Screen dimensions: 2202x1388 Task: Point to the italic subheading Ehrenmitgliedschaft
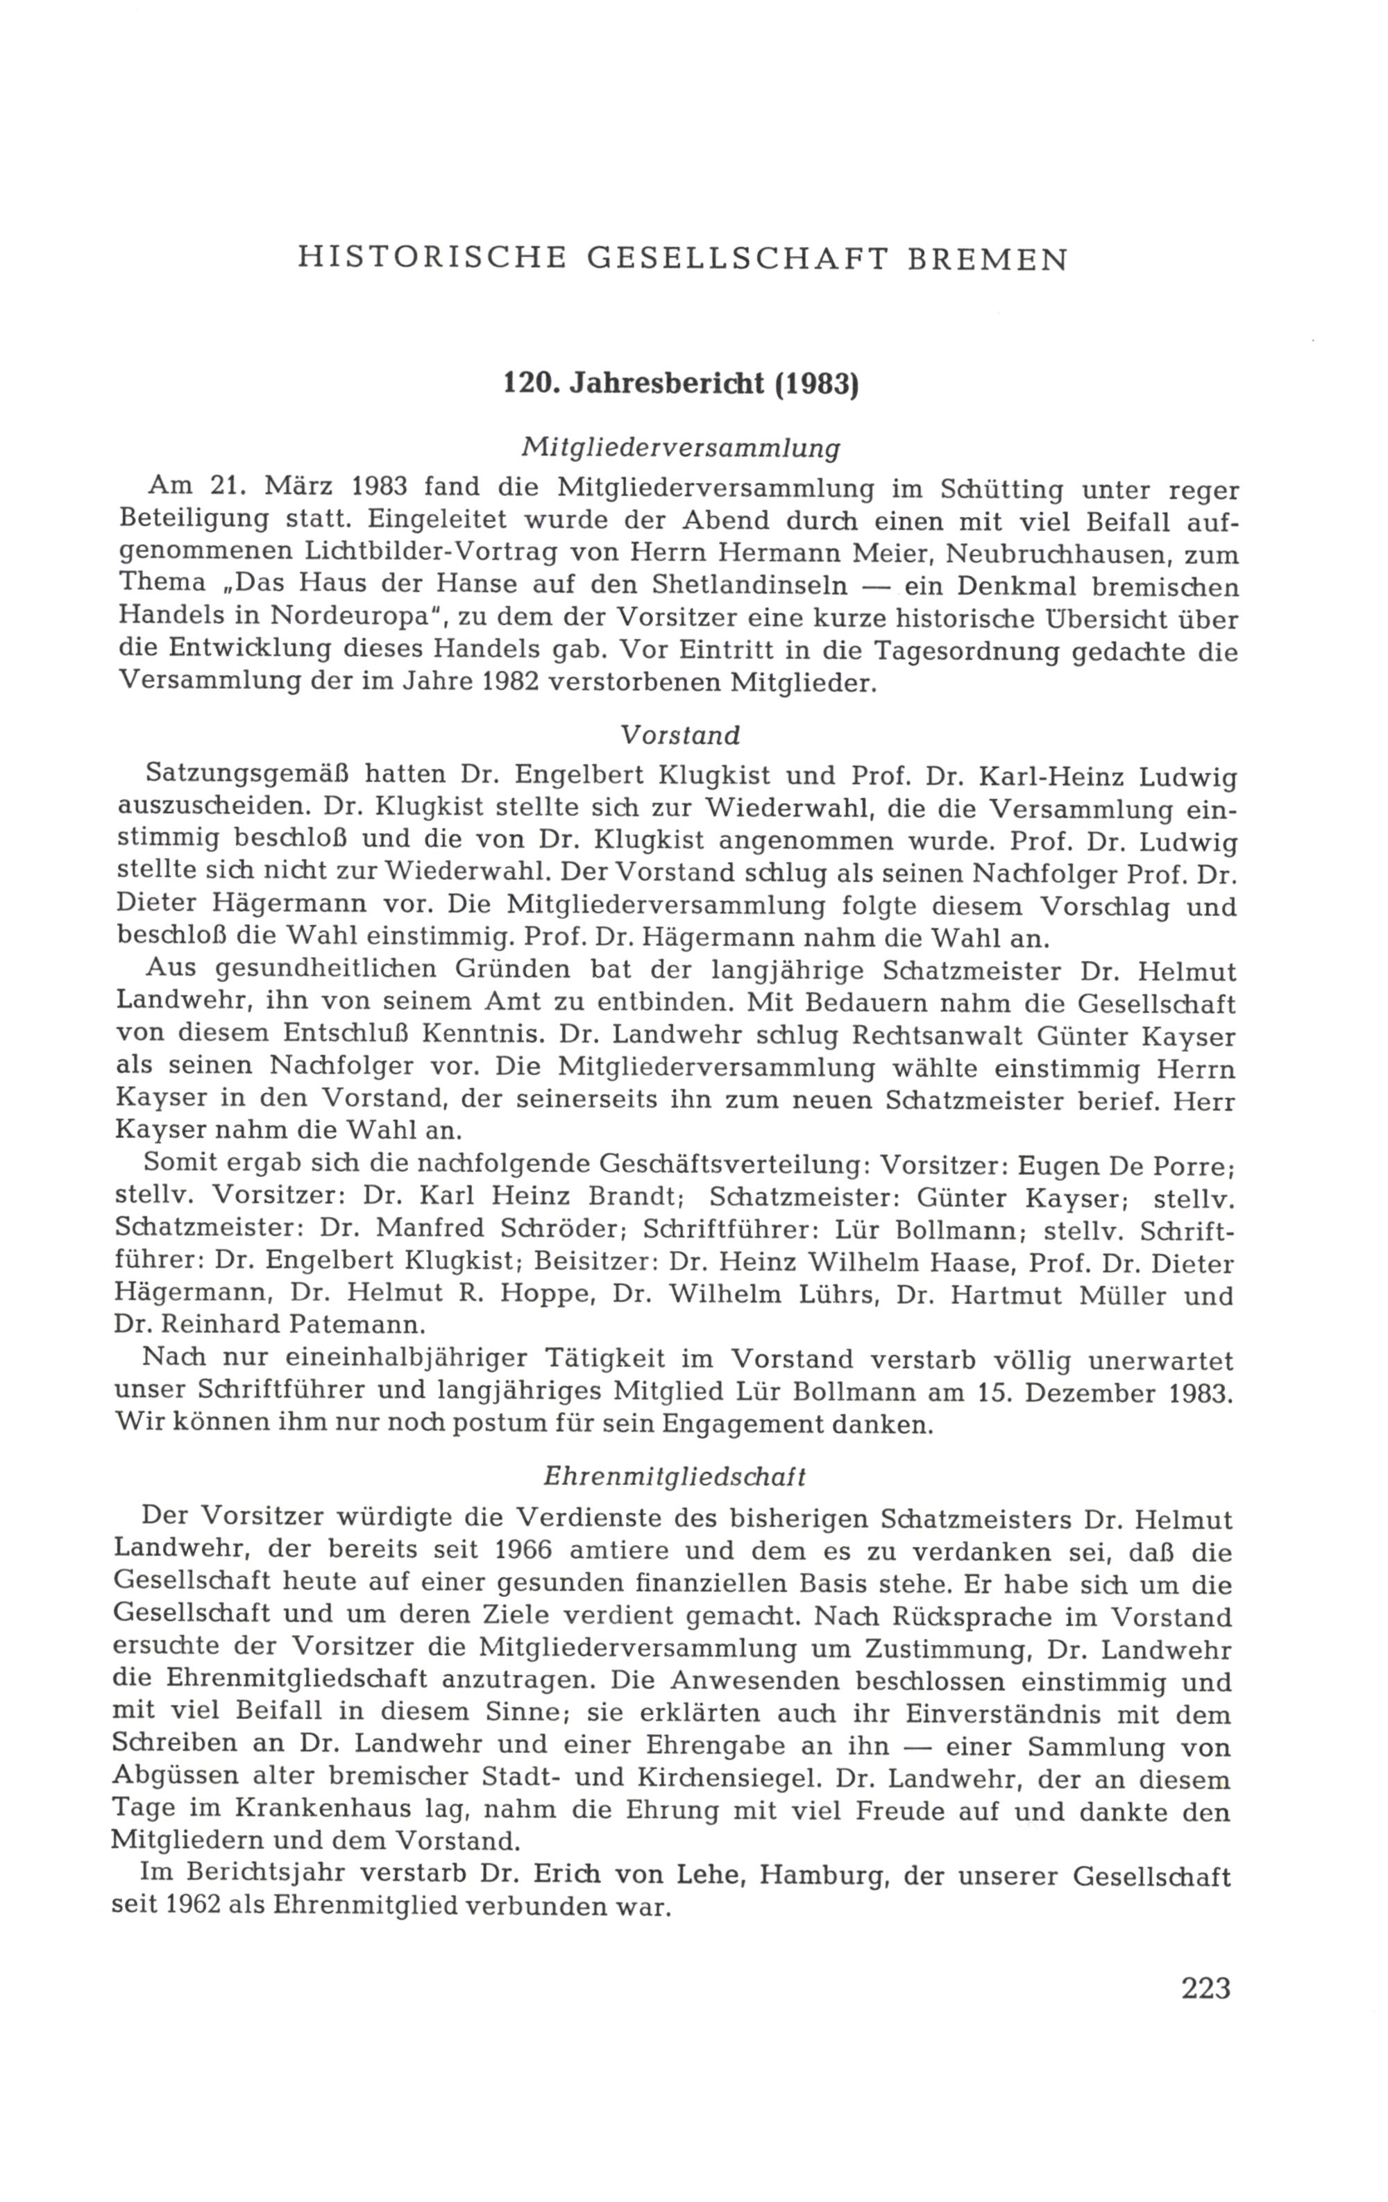[x=675, y=1476]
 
